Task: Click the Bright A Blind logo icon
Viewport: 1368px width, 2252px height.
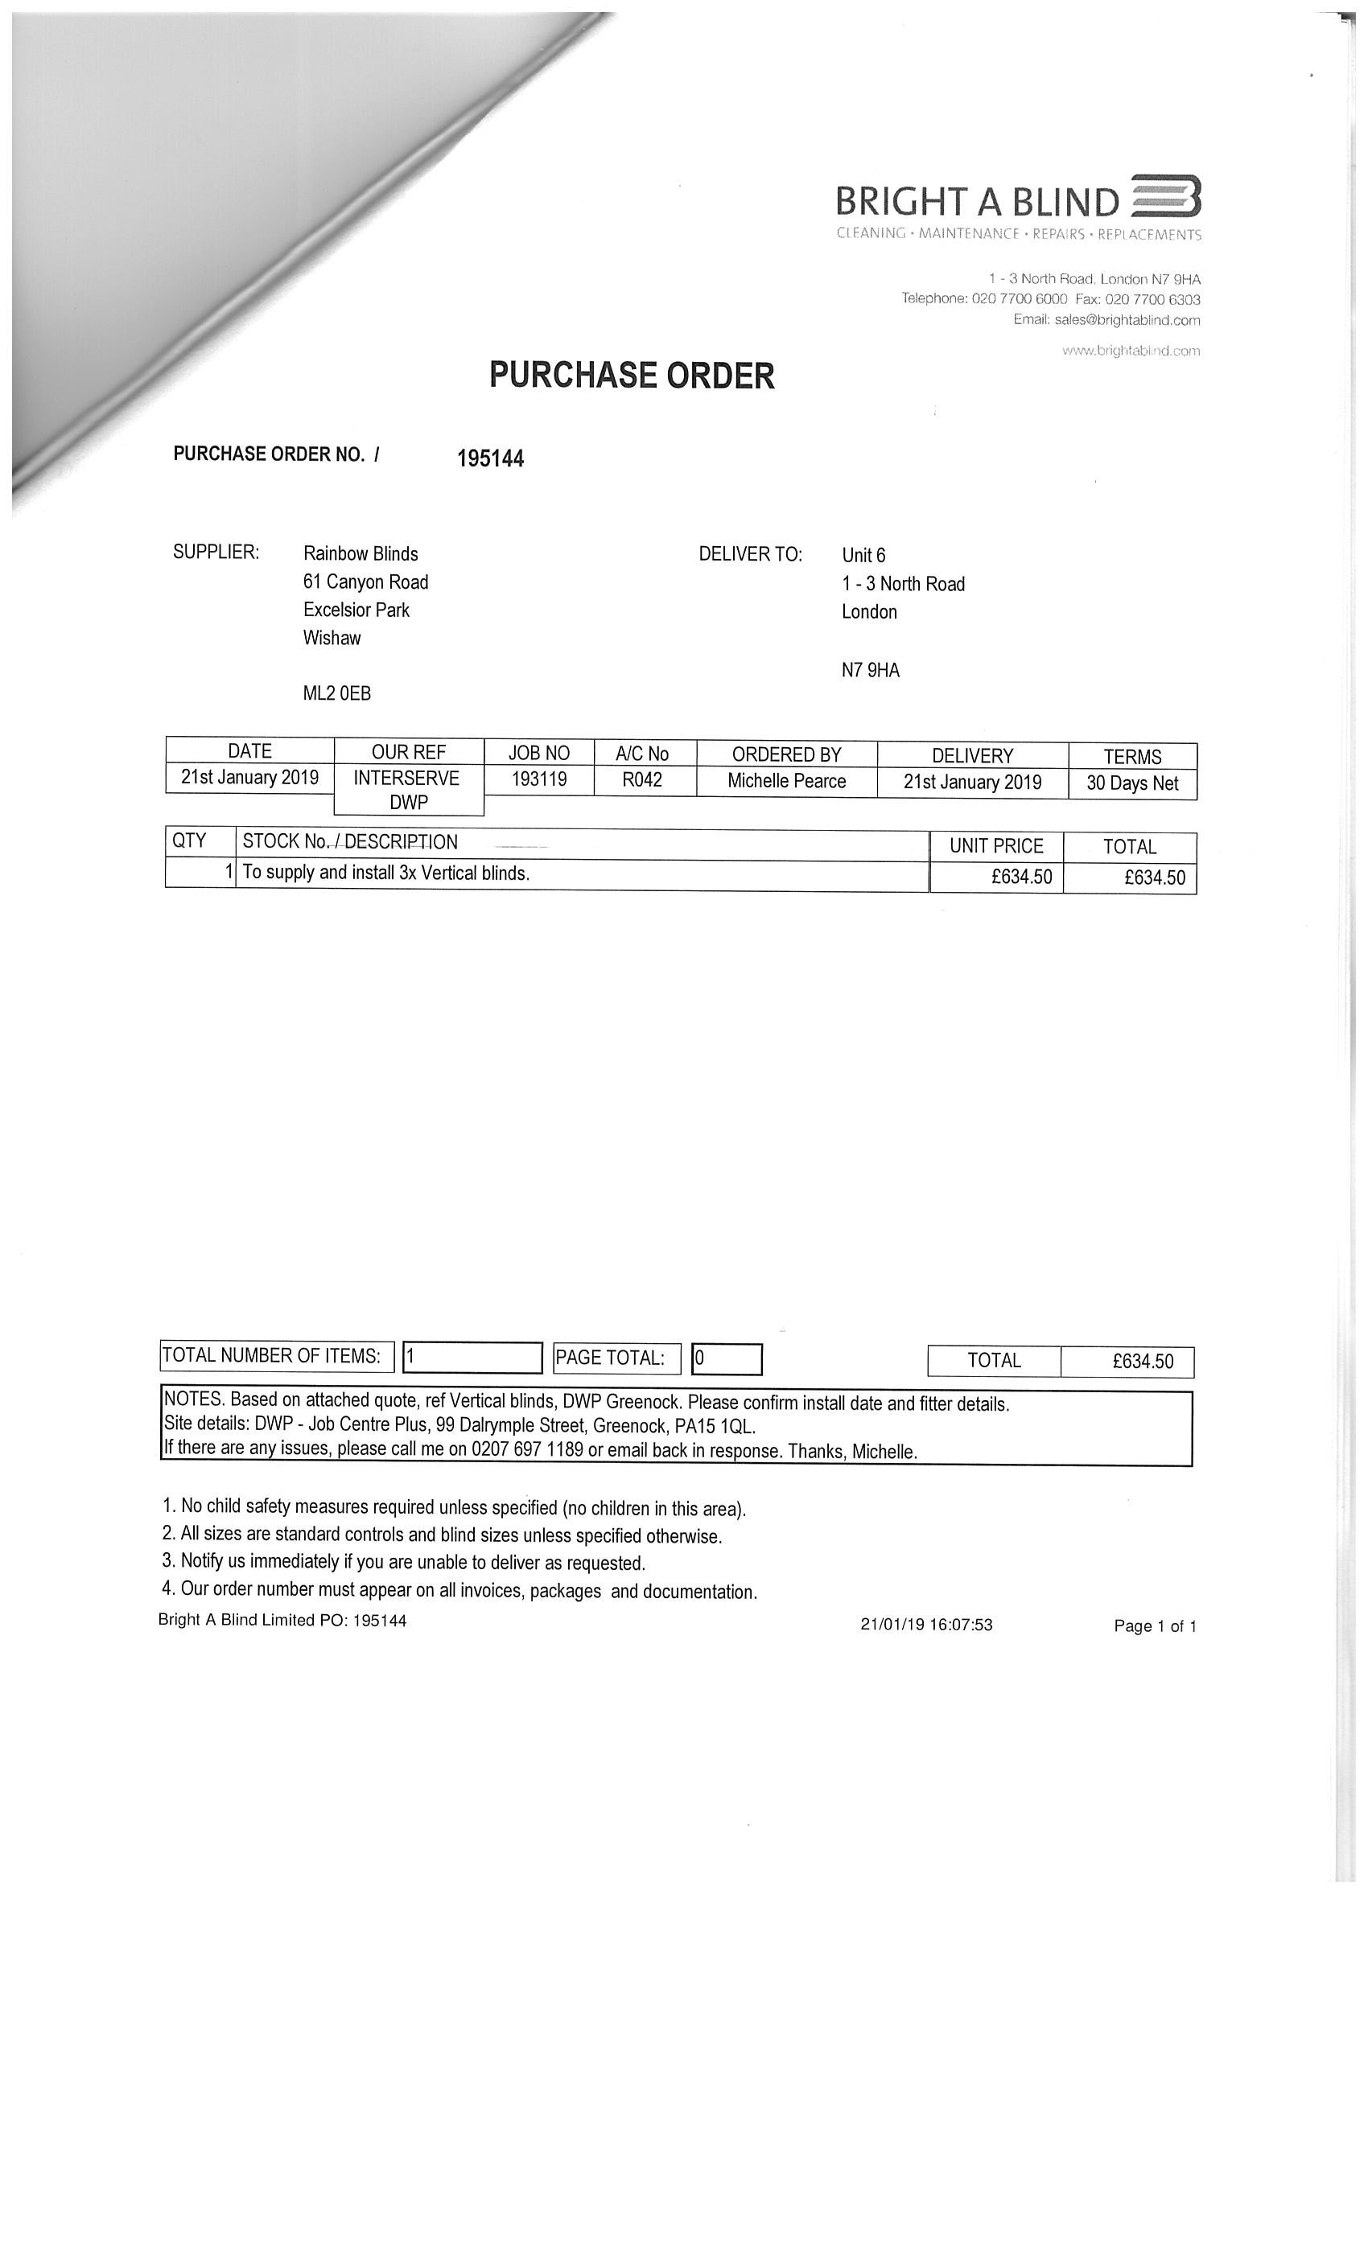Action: coord(1166,196)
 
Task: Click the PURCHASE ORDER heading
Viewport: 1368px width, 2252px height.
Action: coord(632,376)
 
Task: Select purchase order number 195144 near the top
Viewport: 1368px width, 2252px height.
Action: coord(490,458)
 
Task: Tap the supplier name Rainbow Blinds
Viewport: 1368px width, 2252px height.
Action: coord(361,554)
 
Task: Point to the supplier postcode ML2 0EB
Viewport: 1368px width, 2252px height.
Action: coord(336,693)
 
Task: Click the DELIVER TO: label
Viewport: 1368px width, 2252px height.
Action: coord(750,555)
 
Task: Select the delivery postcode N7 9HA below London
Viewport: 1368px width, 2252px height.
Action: coord(871,671)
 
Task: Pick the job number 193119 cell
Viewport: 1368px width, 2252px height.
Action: coord(538,779)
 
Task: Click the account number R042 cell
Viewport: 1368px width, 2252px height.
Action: coord(642,780)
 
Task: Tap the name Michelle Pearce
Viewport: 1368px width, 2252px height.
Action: coord(786,782)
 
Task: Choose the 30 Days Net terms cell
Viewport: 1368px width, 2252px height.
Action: coord(1132,783)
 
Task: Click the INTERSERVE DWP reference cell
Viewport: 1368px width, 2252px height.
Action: coord(407,790)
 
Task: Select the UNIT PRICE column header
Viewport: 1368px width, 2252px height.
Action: coord(996,846)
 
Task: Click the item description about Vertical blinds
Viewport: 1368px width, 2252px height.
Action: coord(386,873)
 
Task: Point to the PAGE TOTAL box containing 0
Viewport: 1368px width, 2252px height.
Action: coord(726,1358)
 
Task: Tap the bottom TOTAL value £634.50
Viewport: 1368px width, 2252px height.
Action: coord(1142,1361)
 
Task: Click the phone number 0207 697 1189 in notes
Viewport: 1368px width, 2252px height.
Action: coord(527,1450)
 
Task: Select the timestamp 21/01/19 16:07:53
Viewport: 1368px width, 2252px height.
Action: coord(926,1624)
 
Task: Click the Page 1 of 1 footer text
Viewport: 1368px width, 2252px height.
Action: coord(1154,1626)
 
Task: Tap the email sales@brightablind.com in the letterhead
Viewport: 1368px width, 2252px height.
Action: coord(1106,320)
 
